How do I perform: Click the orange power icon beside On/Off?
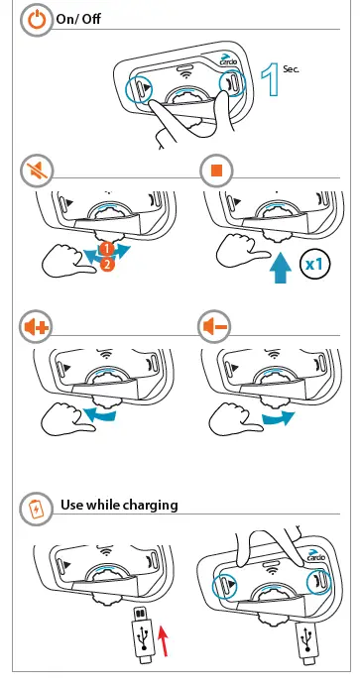pyautogui.click(x=37, y=20)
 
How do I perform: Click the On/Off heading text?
pyautogui.click(x=78, y=19)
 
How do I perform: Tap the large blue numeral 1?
pyautogui.click(x=271, y=79)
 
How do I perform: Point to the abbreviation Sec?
pyautogui.click(x=291, y=68)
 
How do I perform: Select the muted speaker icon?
pyautogui.click(x=37, y=171)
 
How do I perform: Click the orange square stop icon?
pyautogui.click(x=216, y=171)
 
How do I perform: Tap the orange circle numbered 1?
pyautogui.click(x=107, y=249)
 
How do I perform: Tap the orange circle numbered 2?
pyautogui.click(x=107, y=264)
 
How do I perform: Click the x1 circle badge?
pyautogui.click(x=314, y=265)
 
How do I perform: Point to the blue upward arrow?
pyautogui.click(x=279, y=270)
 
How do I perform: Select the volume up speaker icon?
pyautogui.click(x=36, y=326)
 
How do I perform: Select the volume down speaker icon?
pyautogui.click(x=214, y=326)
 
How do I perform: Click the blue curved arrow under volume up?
pyautogui.click(x=100, y=413)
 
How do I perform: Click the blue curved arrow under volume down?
pyautogui.click(x=279, y=417)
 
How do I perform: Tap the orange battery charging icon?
pyautogui.click(x=36, y=509)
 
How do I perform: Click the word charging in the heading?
pyautogui.click(x=150, y=506)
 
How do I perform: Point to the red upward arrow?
pyautogui.click(x=163, y=641)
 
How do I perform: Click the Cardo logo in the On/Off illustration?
pyautogui.click(x=228, y=59)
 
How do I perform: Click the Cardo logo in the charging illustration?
pyautogui.click(x=315, y=555)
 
